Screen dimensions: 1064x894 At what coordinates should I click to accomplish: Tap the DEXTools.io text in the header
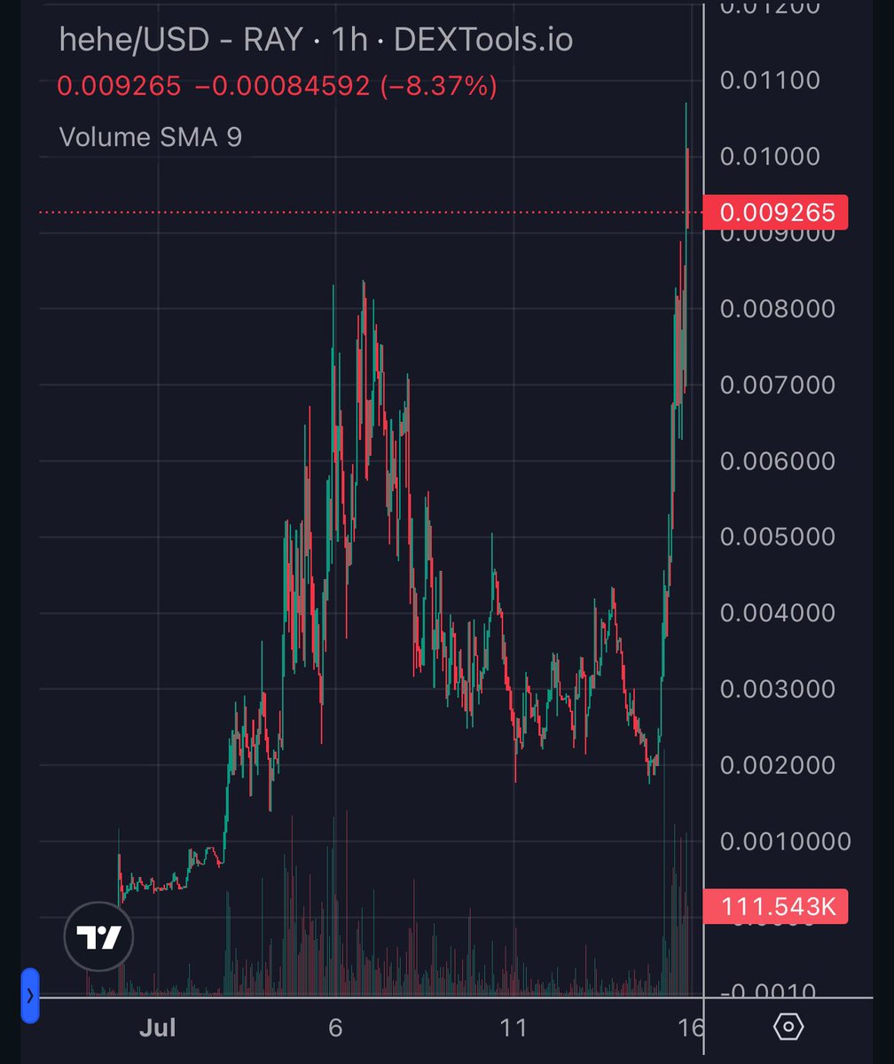482,41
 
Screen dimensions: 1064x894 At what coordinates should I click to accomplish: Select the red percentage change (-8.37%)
438,87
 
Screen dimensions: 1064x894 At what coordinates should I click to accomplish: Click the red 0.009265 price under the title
120,87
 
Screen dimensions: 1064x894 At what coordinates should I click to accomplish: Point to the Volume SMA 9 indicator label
150,137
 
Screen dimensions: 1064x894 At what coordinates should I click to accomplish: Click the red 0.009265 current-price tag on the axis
775,213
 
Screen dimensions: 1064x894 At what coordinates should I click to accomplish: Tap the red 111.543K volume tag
775,907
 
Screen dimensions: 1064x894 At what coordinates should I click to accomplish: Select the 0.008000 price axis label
777,309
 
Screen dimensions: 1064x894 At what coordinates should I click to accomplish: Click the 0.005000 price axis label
777,536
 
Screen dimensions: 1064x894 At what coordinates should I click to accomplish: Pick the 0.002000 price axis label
777,764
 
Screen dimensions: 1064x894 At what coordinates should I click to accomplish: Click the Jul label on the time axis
158,1028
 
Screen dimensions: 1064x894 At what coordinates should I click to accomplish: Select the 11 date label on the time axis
514,1028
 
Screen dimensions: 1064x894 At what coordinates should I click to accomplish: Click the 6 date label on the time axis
334,1028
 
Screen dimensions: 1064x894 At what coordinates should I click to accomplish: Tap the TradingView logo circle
98,936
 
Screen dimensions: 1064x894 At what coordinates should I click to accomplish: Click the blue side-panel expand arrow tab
30,996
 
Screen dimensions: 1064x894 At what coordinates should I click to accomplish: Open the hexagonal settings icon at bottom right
788,1027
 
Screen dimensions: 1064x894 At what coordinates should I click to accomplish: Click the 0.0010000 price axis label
784,841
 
